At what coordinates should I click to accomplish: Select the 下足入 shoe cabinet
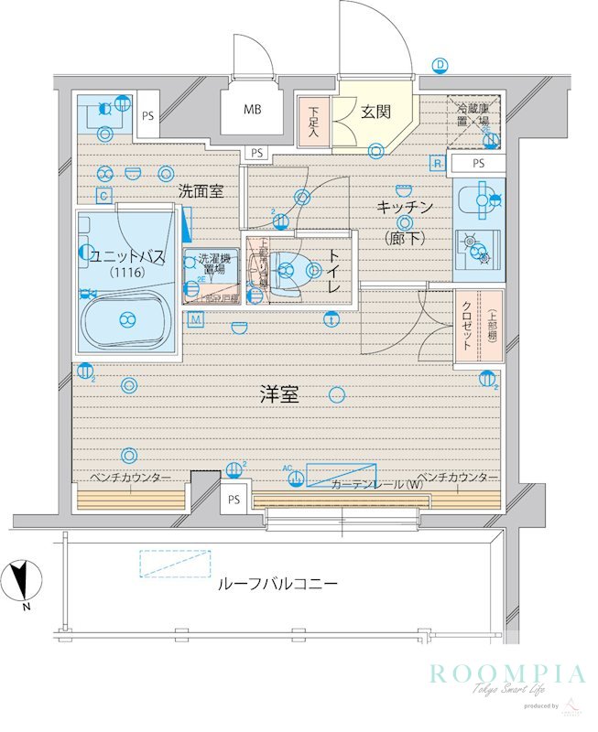point(313,122)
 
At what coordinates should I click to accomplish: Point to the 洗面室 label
point(201,191)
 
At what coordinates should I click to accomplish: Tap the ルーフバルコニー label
point(277,583)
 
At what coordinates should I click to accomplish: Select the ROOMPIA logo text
point(506,675)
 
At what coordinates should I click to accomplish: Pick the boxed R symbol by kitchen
point(438,163)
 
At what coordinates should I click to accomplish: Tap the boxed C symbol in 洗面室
point(104,195)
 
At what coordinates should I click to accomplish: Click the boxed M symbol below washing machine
point(196,318)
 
